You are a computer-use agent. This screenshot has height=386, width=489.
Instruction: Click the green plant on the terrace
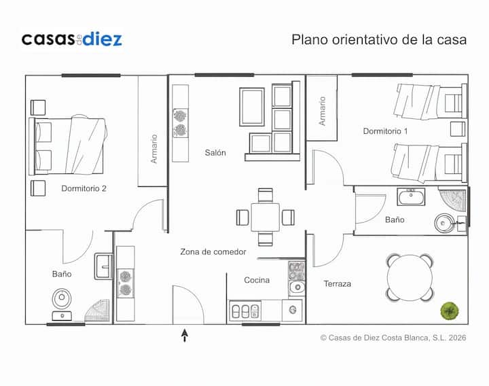(450, 311)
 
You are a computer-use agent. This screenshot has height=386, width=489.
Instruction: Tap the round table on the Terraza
(410, 278)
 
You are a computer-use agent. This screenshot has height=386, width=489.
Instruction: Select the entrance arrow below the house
(185, 335)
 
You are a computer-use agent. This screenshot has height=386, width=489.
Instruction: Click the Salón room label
(215, 153)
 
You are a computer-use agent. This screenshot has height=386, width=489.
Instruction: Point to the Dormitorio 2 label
(84, 188)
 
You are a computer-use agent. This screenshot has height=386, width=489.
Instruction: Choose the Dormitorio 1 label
(385, 131)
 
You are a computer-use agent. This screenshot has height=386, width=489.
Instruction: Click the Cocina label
(257, 280)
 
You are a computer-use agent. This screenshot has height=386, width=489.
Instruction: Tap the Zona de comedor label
(213, 251)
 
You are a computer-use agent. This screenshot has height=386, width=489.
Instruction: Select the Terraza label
(337, 283)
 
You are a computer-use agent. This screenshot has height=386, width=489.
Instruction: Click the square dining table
(265, 217)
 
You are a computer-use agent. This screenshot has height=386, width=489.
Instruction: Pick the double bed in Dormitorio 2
(68, 145)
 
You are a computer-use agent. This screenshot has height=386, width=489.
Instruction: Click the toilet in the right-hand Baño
(444, 223)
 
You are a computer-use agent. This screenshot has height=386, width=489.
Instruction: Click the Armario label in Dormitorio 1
(322, 111)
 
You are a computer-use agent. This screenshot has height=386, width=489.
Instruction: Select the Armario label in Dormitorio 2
(153, 149)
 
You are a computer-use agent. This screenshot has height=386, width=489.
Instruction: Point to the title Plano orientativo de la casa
(379, 39)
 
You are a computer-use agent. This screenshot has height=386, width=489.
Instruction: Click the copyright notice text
(393, 338)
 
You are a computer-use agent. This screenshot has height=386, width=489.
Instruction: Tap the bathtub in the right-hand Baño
(411, 196)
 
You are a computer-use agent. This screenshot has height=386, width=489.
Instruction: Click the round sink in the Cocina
(297, 287)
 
